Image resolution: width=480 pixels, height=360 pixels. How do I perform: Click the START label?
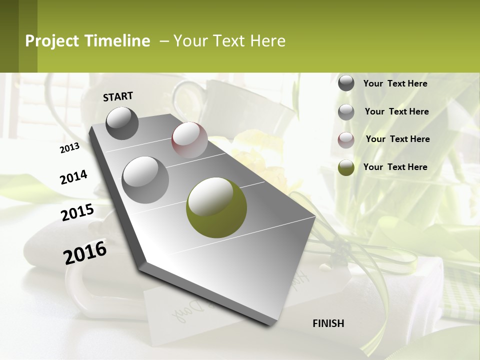click(x=118, y=96)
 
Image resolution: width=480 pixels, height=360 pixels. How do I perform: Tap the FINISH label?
click(x=328, y=323)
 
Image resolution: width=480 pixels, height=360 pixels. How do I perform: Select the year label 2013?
click(x=69, y=148)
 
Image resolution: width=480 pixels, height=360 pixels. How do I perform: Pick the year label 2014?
click(x=73, y=177)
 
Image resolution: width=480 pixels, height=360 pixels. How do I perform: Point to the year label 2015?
click(x=77, y=212)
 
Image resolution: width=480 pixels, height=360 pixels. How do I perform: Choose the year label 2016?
click(x=85, y=252)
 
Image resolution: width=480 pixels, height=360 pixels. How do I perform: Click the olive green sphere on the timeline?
click(x=216, y=207)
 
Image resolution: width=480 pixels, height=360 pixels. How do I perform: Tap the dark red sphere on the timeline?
click(x=189, y=140)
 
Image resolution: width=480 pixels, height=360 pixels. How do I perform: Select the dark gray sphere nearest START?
click(x=122, y=123)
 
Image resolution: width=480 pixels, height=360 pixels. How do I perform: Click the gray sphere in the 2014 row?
click(x=145, y=179)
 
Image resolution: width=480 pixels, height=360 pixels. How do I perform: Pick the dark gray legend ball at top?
click(x=346, y=83)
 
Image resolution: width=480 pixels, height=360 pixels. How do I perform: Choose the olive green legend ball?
click(x=346, y=167)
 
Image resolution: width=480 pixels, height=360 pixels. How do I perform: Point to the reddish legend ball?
click(x=346, y=140)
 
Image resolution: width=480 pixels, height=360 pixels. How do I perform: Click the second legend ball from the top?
click(x=346, y=112)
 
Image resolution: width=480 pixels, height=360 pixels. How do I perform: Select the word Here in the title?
click(x=267, y=41)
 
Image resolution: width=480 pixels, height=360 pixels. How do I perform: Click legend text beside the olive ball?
click(x=395, y=167)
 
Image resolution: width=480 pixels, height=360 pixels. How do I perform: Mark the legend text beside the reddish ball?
click(x=397, y=139)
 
